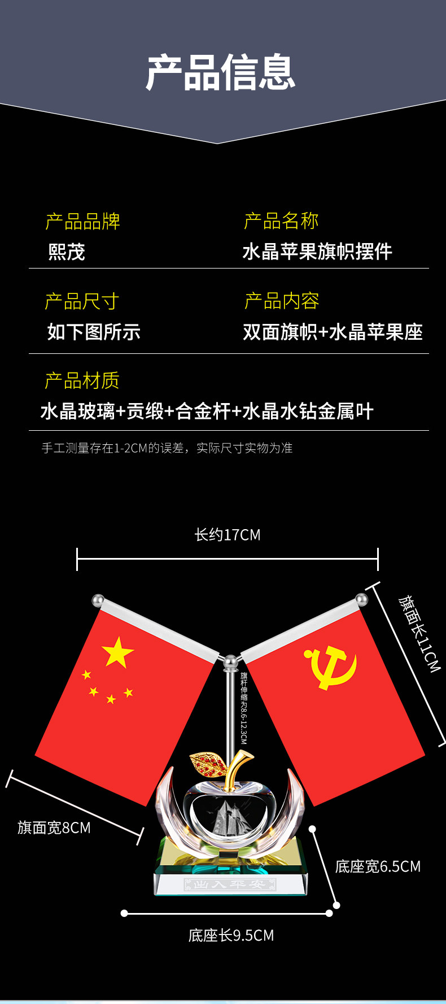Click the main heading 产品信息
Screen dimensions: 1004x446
(x=221, y=72)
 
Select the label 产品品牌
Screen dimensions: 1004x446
(x=82, y=221)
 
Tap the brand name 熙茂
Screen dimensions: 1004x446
(x=67, y=252)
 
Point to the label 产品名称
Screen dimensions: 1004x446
(x=281, y=220)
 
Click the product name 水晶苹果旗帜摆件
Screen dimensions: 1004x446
(x=317, y=252)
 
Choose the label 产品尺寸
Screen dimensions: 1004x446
(x=82, y=301)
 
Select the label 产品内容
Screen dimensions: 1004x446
(x=282, y=301)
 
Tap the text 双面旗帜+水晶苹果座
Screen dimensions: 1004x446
(x=333, y=332)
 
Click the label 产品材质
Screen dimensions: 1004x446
(x=82, y=380)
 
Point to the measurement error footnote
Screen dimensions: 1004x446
(x=167, y=448)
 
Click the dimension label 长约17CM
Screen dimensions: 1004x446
(x=228, y=535)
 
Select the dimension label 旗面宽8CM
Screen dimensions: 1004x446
(x=54, y=828)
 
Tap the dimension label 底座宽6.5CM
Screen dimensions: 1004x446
(x=378, y=867)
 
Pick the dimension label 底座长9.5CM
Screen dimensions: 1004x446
(x=231, y=936)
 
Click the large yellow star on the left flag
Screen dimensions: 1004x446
(x=117, y=652)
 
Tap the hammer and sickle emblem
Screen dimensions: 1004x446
(x=331, y=667)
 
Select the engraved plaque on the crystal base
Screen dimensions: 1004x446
(x=230, y=884)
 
